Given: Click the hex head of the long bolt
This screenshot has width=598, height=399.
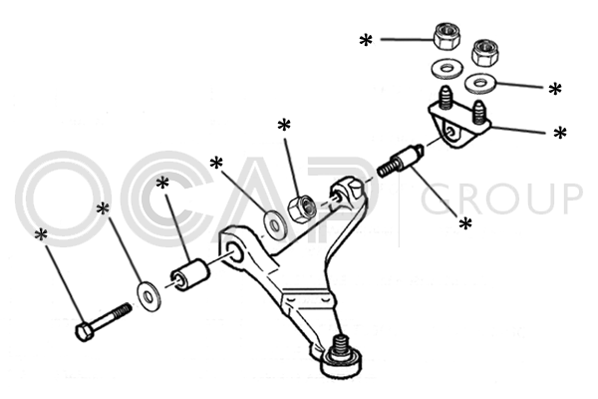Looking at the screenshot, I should (x=86, y=330).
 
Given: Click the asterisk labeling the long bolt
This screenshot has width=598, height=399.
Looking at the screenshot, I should (x=41, y=235).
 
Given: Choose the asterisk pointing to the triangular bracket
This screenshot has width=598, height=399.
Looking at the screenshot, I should (x=560, y=133).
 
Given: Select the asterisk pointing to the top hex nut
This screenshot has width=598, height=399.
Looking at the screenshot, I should (x=366, y=41).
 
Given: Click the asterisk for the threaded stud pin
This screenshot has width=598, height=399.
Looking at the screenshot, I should (x=464, y=224).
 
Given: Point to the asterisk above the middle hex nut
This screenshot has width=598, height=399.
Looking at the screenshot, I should (x=284, y=126).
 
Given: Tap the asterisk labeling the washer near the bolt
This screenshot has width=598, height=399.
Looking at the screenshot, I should (x=103, y=209).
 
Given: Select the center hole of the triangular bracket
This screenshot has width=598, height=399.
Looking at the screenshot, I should (x=453, y=130).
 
